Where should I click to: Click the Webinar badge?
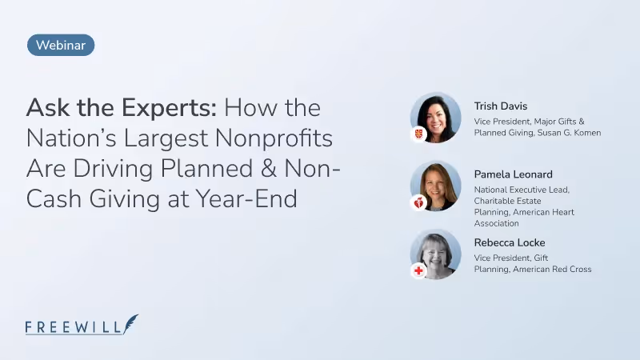coord(61,46)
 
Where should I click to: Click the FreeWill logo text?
coord(74,326)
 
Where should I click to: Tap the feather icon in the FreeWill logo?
coord(130,323)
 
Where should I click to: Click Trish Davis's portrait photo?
coord(436,117)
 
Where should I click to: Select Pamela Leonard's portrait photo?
coord(436,186)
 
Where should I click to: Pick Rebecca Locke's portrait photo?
coord(436,254)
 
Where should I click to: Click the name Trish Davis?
coord(501,106)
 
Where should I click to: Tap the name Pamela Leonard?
coord(513,174)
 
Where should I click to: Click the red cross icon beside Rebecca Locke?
coord(418,271)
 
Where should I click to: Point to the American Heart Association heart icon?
coord(418,203)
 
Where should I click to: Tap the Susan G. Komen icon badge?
coord(418,134)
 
